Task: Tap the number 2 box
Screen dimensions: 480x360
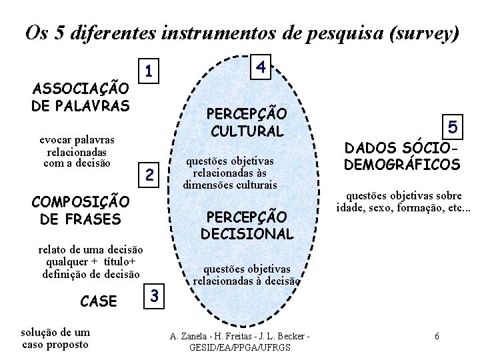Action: pos(150,176)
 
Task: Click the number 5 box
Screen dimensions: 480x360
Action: pos(453,125)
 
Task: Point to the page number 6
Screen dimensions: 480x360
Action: pos(436,335)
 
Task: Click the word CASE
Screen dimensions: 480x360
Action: pos(98,301)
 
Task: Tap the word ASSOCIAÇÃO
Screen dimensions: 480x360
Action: pos(81,89)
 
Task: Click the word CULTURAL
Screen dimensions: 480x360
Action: pos(247,129)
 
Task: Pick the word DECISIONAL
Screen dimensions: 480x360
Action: pos(247,234)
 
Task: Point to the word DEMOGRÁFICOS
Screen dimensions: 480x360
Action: pos(402,164)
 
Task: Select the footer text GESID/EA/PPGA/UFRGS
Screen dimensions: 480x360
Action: pos(240,348)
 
